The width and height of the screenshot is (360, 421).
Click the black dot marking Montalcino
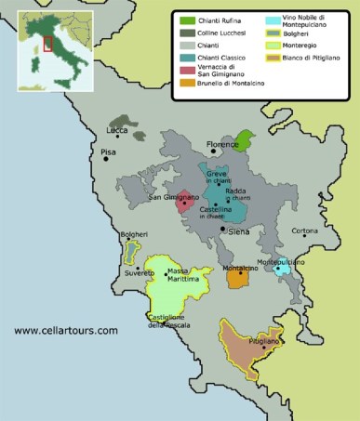241,273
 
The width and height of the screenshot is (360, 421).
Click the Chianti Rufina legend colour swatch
188,20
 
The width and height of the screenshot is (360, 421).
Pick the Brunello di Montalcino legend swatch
188,83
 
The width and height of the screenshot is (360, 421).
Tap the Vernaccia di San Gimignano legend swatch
188,68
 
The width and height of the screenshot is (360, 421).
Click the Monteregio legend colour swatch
273,45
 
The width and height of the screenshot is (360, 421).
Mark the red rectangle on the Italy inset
48,44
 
